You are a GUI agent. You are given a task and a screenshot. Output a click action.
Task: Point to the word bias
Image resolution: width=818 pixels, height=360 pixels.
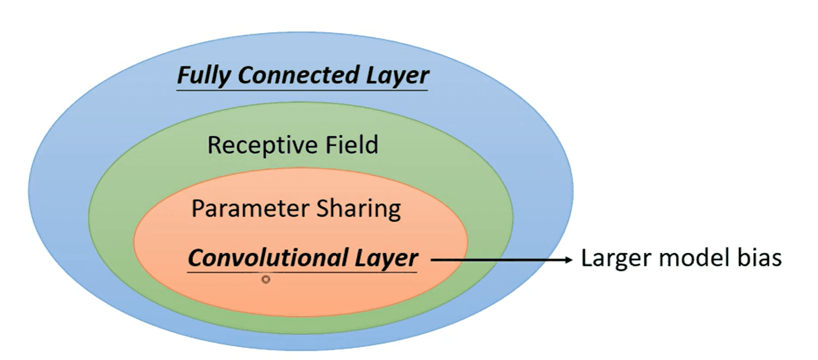(761, 258)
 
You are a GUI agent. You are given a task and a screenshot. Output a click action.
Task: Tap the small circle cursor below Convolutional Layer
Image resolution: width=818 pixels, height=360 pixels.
(266, 280)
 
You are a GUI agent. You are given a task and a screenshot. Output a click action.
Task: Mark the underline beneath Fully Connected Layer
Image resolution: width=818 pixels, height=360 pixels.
(302, 89)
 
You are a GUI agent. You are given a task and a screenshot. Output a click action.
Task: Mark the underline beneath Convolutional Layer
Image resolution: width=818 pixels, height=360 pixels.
(303, 272)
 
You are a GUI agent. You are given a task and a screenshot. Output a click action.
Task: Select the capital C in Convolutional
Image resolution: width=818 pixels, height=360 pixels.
(196, 257)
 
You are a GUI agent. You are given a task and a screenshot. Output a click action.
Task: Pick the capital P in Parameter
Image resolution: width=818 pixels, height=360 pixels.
(198, 209)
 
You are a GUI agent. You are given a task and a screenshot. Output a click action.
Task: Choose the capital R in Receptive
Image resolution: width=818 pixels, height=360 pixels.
(215, 145)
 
